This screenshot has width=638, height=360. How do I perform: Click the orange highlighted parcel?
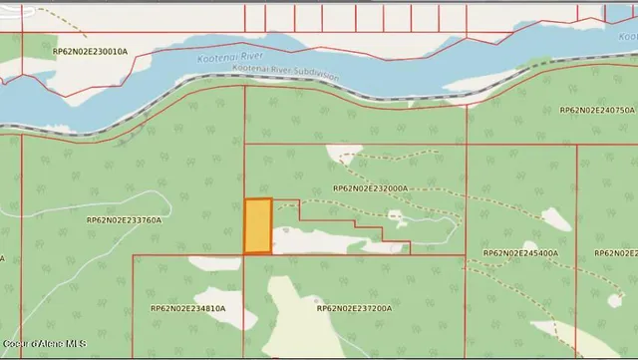click(x=257, y=226)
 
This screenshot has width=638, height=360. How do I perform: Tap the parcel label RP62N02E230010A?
click(x=90, y=51)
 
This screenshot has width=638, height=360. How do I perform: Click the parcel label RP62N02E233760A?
click(x=124, y=219)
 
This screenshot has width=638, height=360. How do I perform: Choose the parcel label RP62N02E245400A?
click(x=520, y=254)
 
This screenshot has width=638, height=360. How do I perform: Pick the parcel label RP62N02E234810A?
click(x=187, y=309)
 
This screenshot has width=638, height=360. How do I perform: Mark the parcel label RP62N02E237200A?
click(x=354, y=309)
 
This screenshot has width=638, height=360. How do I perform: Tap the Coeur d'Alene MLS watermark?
click(x=43, y=344)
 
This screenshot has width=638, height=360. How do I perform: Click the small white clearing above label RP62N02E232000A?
click(x=345, y=154)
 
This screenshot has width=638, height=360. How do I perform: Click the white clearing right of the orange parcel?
click(x=319, y=239)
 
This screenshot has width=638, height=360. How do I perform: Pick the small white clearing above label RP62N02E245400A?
click(x=556, y=219)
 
